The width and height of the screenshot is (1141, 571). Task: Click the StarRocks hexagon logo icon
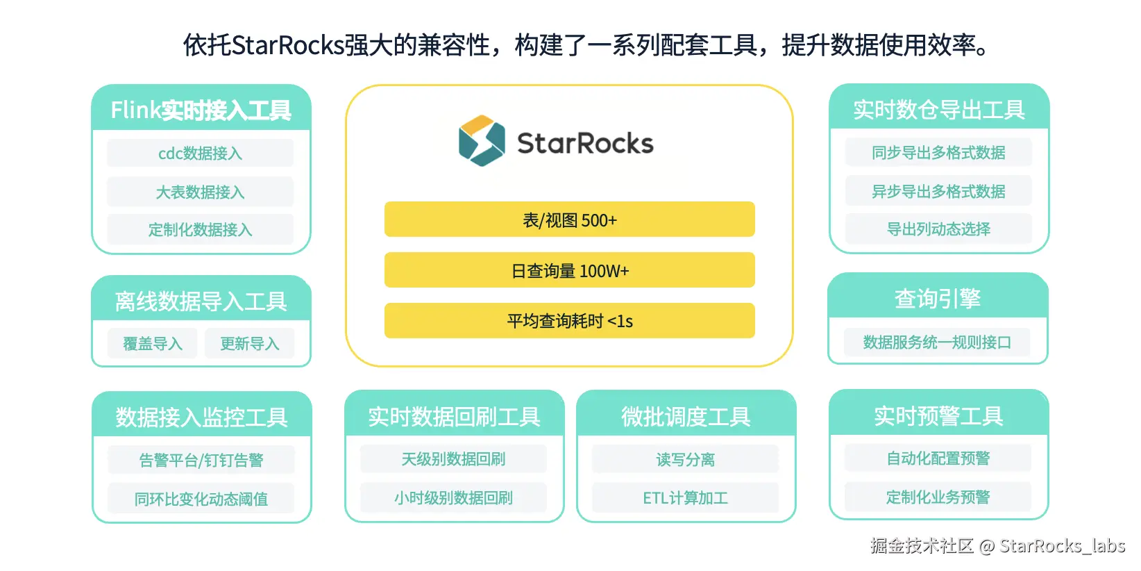click(x=482, y=141)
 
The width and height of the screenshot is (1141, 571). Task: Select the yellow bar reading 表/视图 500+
click(x=569, y=220)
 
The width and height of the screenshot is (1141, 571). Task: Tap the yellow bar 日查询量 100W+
click(x=569, y=270)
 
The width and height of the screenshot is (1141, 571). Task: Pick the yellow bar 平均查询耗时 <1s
click(x=569, y=321)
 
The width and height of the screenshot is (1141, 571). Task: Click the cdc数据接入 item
click(x=200, y=154)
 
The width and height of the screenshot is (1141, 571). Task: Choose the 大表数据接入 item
click(x=200, y=192)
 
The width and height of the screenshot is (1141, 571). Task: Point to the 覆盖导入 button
click(x=153, y=343)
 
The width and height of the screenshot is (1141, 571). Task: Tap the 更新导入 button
click(x=249, y=343)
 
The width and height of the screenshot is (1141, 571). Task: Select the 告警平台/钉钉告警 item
click(x=201, y=460)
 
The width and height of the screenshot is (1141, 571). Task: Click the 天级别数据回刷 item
click(x=453, y=459)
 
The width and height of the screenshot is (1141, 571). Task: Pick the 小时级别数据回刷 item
click(x=453, y=497)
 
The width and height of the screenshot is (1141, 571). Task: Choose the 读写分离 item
click(x=685, y=459)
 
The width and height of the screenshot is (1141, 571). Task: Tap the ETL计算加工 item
click(x=685, y=497)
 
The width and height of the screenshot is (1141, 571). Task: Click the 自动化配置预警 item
click(x=938, y=458)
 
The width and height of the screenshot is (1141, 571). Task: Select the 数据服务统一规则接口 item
click(x=937, y=342)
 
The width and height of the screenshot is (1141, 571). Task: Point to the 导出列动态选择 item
click(x=938, y=229)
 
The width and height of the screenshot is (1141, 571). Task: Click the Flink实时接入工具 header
click(x=201, y=110)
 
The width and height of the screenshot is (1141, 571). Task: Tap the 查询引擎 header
click(x=938, y=298)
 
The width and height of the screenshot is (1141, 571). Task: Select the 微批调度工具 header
click(x=686, y=416)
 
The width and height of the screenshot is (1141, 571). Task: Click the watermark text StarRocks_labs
click(x=1062, y=546)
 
